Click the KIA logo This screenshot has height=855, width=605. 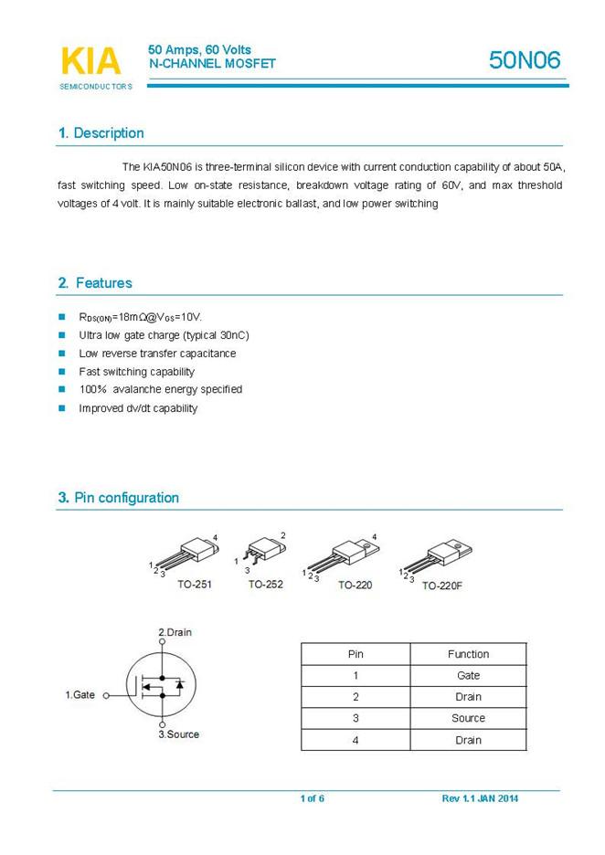[x=90, y=62]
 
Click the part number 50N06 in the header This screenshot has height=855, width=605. [x=525, y=60]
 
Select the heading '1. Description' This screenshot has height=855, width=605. [x=101, y=133]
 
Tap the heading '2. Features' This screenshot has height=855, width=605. [x=95, y=283]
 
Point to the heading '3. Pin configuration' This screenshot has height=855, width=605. [x=119, y=498]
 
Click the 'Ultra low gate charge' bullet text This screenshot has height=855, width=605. [x=164, y=335]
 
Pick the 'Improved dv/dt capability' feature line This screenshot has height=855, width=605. [x=138, y=408]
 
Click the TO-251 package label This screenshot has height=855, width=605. [x=195, y=584]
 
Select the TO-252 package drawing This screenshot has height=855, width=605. [x=265, y=554]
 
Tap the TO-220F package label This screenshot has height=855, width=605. [x=442, y=586]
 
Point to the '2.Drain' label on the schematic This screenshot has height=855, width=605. [x=175, y=632]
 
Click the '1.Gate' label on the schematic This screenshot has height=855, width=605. [x=80, y=695]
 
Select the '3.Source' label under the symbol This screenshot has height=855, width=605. [x=178, y=734]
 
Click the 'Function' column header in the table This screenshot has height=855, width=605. [x=468, y=654]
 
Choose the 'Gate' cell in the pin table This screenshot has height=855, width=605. [x=468, y=676]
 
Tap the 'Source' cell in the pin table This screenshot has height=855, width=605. [x=468, y=718]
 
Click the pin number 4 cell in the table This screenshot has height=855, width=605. [x=356, y=740]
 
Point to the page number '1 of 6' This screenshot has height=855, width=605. [x=312, y=799]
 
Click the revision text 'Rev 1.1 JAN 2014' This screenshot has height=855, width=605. [x=480, y=799]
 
